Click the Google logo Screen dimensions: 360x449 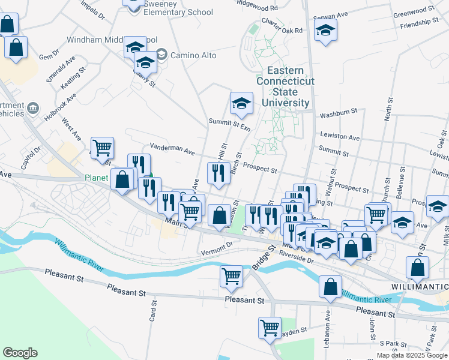(20, 353)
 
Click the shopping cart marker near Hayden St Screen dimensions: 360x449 (270, 327)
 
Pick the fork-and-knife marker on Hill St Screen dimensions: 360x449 (218, 173)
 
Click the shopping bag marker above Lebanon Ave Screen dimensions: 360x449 (330, 287)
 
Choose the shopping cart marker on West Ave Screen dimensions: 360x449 (102, 146)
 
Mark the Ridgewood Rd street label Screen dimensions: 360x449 (257, 8)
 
